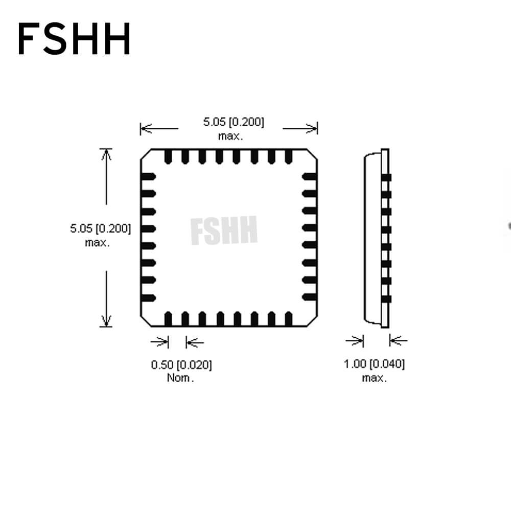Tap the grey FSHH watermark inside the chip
click(224, 230)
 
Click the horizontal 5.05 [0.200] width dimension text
click(234, 122)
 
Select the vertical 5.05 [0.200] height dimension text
click(100, 228)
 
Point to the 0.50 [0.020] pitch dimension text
click(181, 365)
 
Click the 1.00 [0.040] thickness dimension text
click(374, 364)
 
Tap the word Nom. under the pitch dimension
click(180, 378)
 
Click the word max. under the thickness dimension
click(374, 378)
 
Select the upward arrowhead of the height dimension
click(106, 154)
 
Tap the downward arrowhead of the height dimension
click(106, 321)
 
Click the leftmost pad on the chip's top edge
click(168, 157)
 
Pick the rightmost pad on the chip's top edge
click(288, 157)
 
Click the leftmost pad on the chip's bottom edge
click(168, 319)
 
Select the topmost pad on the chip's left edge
click(148, 177)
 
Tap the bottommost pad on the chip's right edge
click(309, 297)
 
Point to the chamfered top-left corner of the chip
click(146, 154)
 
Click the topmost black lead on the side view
click(386, 178)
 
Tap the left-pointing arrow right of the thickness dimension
click(398, 341)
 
